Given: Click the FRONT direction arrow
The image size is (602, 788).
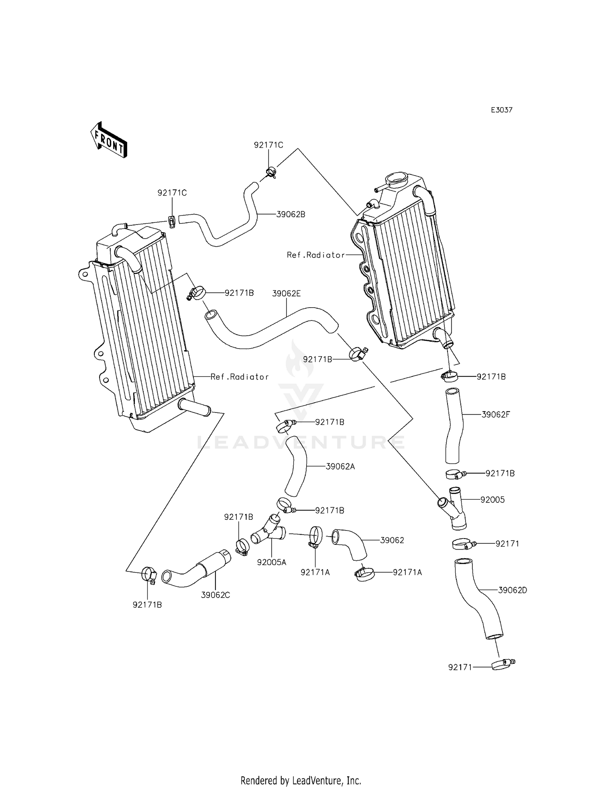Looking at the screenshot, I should tap(109, 140).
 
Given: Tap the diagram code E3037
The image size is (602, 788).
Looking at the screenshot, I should tap(502, 110).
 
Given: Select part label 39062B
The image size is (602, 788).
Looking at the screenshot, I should tap(291, 214).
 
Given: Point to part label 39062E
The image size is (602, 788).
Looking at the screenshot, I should tap(286, 294).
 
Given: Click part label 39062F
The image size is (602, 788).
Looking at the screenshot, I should tap(496, 414).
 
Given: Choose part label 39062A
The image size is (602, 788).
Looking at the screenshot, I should tap(340, 467).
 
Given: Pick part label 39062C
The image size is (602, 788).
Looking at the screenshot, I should tap(216, 595).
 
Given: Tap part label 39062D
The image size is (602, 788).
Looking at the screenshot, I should tap(513, 590).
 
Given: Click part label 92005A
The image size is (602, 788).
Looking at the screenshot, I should tap(272, 563).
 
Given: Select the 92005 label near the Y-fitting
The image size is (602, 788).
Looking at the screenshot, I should tap(492, 500).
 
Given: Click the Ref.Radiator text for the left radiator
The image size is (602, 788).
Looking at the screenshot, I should tap(240, 377).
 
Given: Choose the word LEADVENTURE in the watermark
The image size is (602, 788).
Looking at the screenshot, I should tap(301, 442).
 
